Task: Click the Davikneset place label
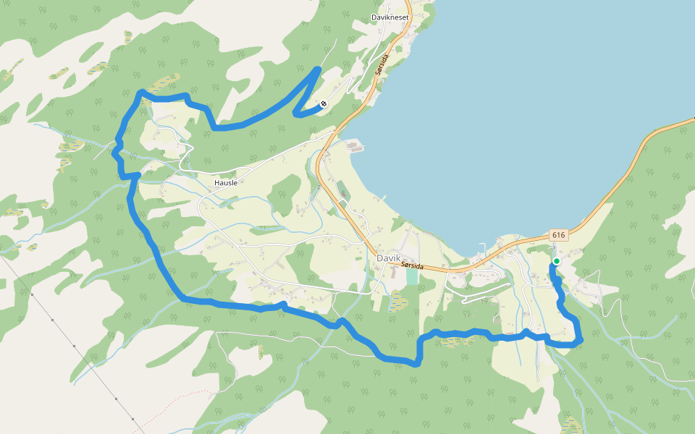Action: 390,17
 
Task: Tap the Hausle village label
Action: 226,183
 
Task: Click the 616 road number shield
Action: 557,236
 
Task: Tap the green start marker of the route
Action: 556,261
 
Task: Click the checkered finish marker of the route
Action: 324,103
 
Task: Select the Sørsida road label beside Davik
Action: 412,266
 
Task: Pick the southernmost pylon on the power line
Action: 133,418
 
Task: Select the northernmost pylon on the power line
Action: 33,295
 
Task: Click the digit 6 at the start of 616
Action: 554,236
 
